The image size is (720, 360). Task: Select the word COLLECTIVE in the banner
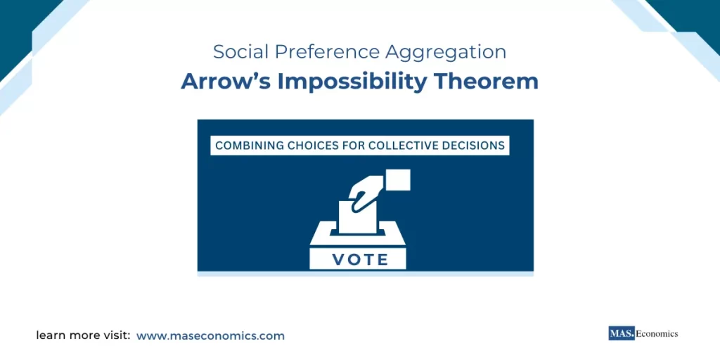[409, 146]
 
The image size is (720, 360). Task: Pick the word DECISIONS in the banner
[475, 146]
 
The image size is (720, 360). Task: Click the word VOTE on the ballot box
[360, 259]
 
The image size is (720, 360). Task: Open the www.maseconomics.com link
[210, 336]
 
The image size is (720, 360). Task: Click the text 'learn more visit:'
[83, 336]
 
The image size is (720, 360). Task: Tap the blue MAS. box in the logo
[621, 334]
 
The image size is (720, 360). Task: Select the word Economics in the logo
[657, 334]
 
